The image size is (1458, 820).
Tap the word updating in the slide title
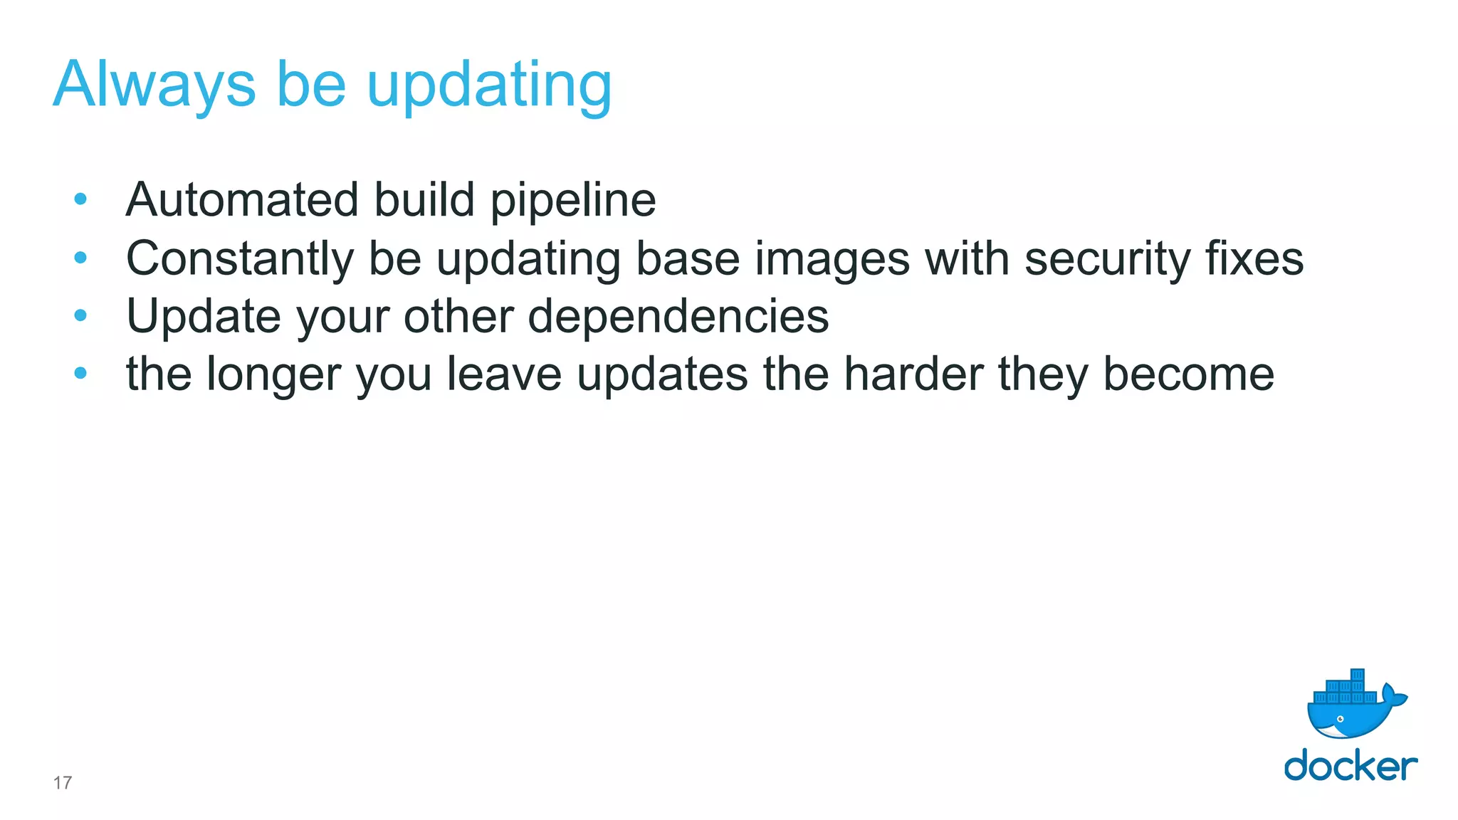pyautogui.click(x=489, y=87)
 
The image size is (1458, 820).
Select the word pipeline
pyautogui.click(x=573, y=201)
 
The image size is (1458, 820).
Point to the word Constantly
pyautogui.click(x=239, y=258)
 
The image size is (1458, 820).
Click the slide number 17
pyautogui.click(x=63, y=783)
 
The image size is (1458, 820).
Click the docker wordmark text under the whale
pyautogui.click(x=1351, y=766)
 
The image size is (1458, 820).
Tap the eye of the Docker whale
pyautogui.click(x=1340, y=719)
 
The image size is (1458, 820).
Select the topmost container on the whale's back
pyautogui.click(x=1357, y=675)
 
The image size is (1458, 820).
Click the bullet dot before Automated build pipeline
pyautogui.click(x=80, y=199)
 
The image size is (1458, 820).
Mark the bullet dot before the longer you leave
pyautogui.click(x=80, y=372)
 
